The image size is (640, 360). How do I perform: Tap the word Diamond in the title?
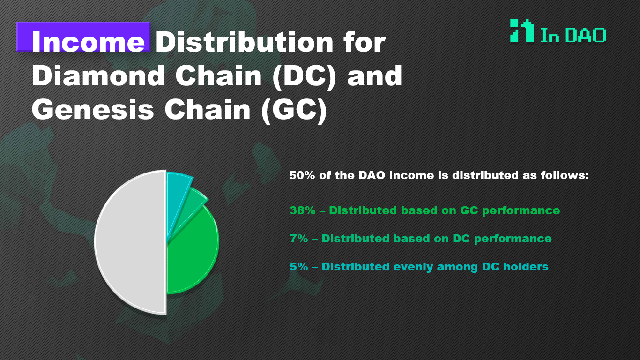[98, 75]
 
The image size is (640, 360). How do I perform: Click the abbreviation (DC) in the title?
[304, 76]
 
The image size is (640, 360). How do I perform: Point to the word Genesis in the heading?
[93, 110]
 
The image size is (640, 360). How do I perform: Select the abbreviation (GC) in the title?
[294, 111]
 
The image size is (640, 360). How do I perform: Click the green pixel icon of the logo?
[522, 31]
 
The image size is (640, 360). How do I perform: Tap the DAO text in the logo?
[585, 35]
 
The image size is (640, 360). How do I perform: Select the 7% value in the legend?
[298, 239]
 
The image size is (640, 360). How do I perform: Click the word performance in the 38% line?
[521, 211]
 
